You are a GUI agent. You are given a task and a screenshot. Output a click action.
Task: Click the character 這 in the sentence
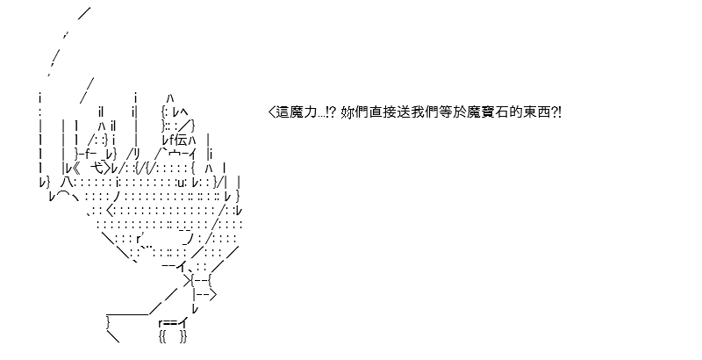point(283,112)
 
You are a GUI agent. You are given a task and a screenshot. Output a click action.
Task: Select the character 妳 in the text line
point(347,112)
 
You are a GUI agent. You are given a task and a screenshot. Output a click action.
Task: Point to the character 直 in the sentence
point(376,112)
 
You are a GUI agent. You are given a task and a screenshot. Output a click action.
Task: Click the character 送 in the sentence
point(405,112)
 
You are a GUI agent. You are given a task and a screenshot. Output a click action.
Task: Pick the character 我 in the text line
point(419,112)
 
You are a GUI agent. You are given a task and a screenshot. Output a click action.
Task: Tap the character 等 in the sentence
point(448,112)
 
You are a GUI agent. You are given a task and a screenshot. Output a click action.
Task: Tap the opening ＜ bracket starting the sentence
point(272,112)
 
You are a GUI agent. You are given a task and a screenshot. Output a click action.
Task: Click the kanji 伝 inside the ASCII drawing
point(181,140)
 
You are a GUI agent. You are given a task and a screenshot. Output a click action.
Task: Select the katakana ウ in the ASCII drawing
point(174,155)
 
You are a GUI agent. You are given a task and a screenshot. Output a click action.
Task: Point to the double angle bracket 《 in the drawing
point(75,169)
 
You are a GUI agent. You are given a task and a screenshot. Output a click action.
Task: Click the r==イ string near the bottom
point(173,322)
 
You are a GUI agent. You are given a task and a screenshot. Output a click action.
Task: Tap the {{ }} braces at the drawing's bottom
point(173,336)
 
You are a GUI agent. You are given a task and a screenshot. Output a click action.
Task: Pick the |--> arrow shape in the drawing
point(205,295)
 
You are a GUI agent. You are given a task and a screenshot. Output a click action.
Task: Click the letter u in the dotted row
point(181,184)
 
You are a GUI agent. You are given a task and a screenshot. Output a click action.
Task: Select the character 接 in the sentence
point(390,112)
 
